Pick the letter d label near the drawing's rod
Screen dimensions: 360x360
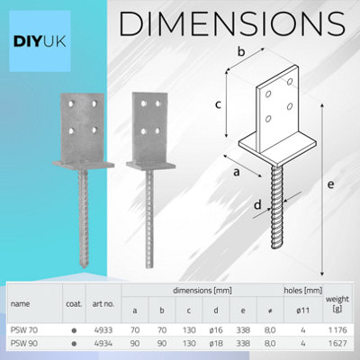(232, 206)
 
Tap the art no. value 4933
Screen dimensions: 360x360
(103, 329)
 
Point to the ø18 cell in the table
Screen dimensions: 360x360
(214, 342)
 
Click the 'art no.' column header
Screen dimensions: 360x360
(103, 304)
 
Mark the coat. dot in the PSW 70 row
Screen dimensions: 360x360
(71, 329)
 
